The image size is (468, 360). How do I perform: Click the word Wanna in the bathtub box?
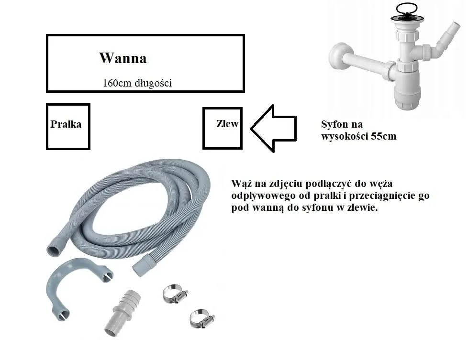(x=123, y=58)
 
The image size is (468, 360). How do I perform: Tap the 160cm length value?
(x=115, y=83)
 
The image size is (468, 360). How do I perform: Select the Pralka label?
(x=66, y=124)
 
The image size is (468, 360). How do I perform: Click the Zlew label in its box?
(x=227, y=124)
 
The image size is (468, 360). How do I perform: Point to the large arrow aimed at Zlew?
(x=273, y=128)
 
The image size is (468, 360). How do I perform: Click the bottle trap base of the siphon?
(x=407, y=96)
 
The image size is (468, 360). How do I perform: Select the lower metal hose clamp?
(x=200, y=318)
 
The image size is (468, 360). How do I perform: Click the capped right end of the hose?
(x=143, y=265)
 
